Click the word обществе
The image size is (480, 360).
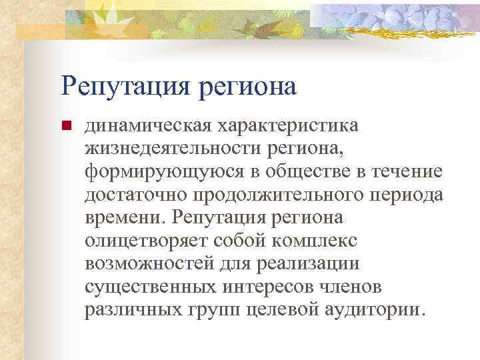coord(300,172)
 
